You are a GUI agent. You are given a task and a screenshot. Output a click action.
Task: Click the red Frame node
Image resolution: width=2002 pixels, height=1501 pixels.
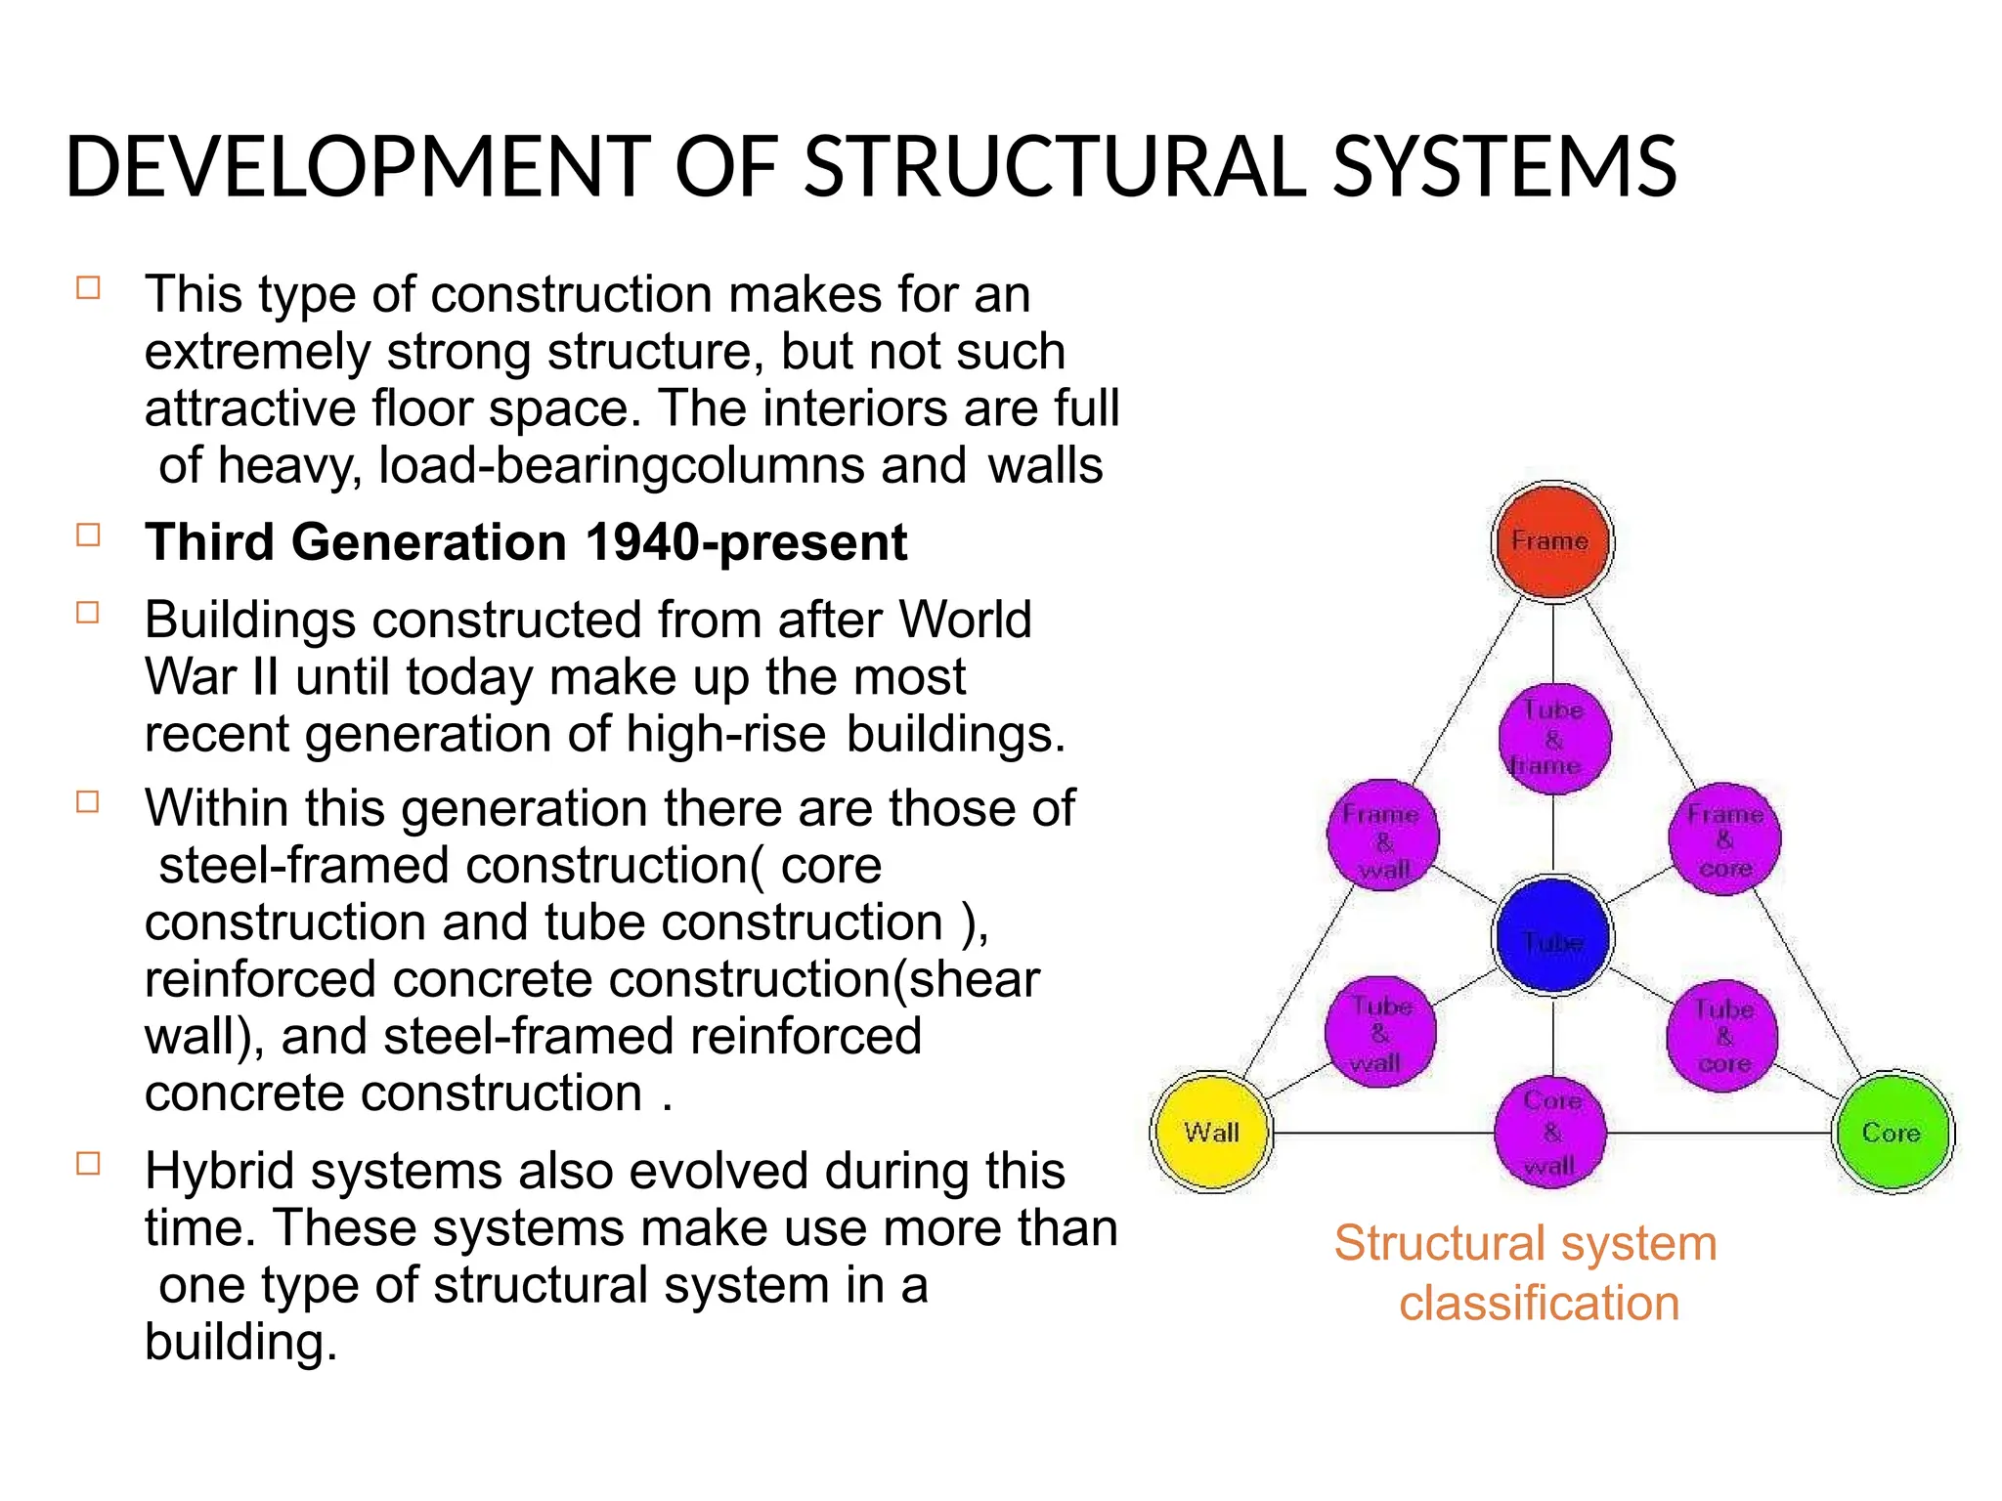pyautogui.click(x=1552, y=541)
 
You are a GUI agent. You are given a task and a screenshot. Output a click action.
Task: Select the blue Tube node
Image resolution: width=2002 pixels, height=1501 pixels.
pyautogui.click(x=1552, y=936)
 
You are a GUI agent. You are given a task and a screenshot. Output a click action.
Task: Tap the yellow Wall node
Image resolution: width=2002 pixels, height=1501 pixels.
pyautogui.click(x=1211, y=1133)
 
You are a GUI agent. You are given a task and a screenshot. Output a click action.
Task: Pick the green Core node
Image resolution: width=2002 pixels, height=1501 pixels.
pyautogui.click(x=1892, y=1133)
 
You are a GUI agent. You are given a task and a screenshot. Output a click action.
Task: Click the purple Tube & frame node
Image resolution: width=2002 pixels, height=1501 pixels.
pyautogui.click(x=1553, y=739)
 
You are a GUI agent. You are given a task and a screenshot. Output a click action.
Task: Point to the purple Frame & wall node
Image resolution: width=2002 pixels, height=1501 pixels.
pyautogui.click(x=1382, y=837)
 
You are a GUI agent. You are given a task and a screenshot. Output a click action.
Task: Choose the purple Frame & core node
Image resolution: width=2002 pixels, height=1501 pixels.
pyautogui.click(x=1724, y=838)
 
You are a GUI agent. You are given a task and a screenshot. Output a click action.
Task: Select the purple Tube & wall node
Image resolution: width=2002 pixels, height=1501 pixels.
pyautogui.click(x=1380, y=1033)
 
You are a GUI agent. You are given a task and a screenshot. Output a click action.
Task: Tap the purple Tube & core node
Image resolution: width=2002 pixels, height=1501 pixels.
pyautogui.click(x=1722, y=1035)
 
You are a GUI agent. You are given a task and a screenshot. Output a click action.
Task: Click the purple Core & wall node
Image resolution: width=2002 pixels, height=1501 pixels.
pyautogui.click(x=1550, y=1134)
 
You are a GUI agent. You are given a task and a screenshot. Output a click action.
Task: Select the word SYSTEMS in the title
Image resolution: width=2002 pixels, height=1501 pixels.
pyautogui.click(x=1504, y=167)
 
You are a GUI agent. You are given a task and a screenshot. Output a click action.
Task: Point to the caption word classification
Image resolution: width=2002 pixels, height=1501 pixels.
pyautogui.click(x=1539, y=1304)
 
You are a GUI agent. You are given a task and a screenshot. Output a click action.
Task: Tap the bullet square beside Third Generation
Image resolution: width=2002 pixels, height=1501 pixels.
pyautogui.click(x=89, y=536)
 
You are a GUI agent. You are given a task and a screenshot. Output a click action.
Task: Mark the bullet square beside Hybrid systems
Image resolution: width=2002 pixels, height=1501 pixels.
pyautogui.click(x=89, y=1163)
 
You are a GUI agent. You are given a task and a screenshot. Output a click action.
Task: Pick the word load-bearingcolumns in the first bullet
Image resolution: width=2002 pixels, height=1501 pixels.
pyautogui.click(x=621, y=465)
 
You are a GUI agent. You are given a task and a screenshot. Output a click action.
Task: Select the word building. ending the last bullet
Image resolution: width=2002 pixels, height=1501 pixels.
pyautogui.click(x=240, y=1342)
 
